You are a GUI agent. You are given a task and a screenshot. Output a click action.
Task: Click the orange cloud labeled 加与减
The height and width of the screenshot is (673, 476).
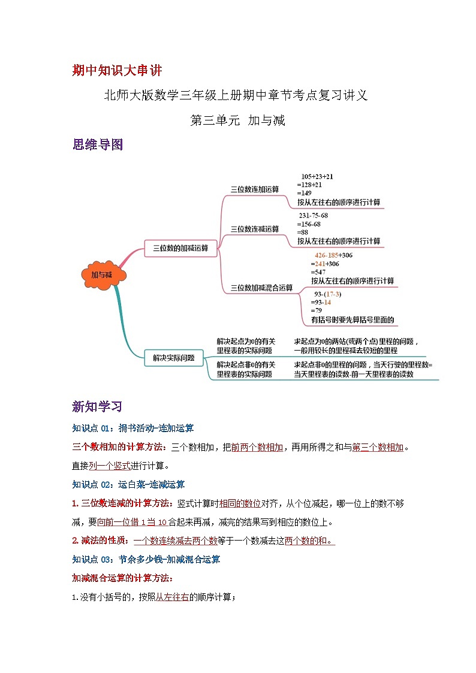pyautogui.click(x=102, y=275)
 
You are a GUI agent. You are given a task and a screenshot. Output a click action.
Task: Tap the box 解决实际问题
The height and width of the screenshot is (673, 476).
pyautogui.click(x=173, y=358)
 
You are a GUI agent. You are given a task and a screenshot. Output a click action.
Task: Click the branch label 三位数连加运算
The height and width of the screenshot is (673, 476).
pyautogui.click(x=255, y=189)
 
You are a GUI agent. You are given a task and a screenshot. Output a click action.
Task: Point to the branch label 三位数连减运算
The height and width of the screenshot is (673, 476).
pyautogui.click(x=255, y=228)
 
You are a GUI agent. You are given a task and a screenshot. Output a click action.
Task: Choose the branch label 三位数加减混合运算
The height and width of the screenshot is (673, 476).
pyautogui.click(x=261, y=288)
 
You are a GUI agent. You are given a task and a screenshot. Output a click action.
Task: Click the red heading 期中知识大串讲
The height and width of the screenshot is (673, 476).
pyautogui.click(x=117, y=71)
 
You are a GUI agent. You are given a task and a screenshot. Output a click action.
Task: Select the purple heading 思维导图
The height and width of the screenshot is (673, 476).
pyautogui.click(x=97, y=144)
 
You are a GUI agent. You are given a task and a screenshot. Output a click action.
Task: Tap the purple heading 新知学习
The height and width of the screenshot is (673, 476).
pyautogui.click(x=97, y=407)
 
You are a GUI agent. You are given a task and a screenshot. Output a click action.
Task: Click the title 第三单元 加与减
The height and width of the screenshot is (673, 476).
pyautogui.click(x=237, y=120)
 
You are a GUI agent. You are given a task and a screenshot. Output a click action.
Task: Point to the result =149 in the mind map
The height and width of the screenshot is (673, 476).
pyautogui.click(x=305, y=193)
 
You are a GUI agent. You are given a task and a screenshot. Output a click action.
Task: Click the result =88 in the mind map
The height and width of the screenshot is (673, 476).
pyautogui.click(x=303, y=232)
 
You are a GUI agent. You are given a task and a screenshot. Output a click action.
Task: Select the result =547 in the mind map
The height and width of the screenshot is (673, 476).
pyautogui.click(x=319, y=271)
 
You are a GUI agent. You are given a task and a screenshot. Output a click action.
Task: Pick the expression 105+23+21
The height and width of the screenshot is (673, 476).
pyautogui.click(x=317, y=176)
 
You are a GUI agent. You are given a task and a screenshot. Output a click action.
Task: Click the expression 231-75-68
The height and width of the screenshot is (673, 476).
pyautogui.click(x=313, y=216)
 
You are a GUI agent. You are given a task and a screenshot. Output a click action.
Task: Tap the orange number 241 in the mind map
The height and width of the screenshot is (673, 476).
pyautogui.click(x=320, y=263)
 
